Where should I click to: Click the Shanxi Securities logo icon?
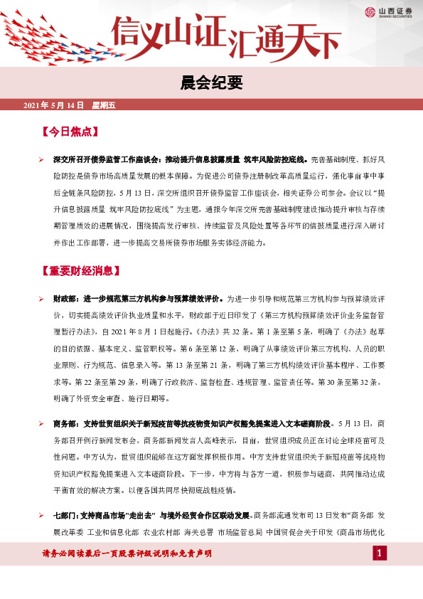370,11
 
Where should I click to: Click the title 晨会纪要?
211,83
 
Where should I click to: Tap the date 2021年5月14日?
54,105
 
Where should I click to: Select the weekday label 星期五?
104,105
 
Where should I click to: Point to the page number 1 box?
380,553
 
